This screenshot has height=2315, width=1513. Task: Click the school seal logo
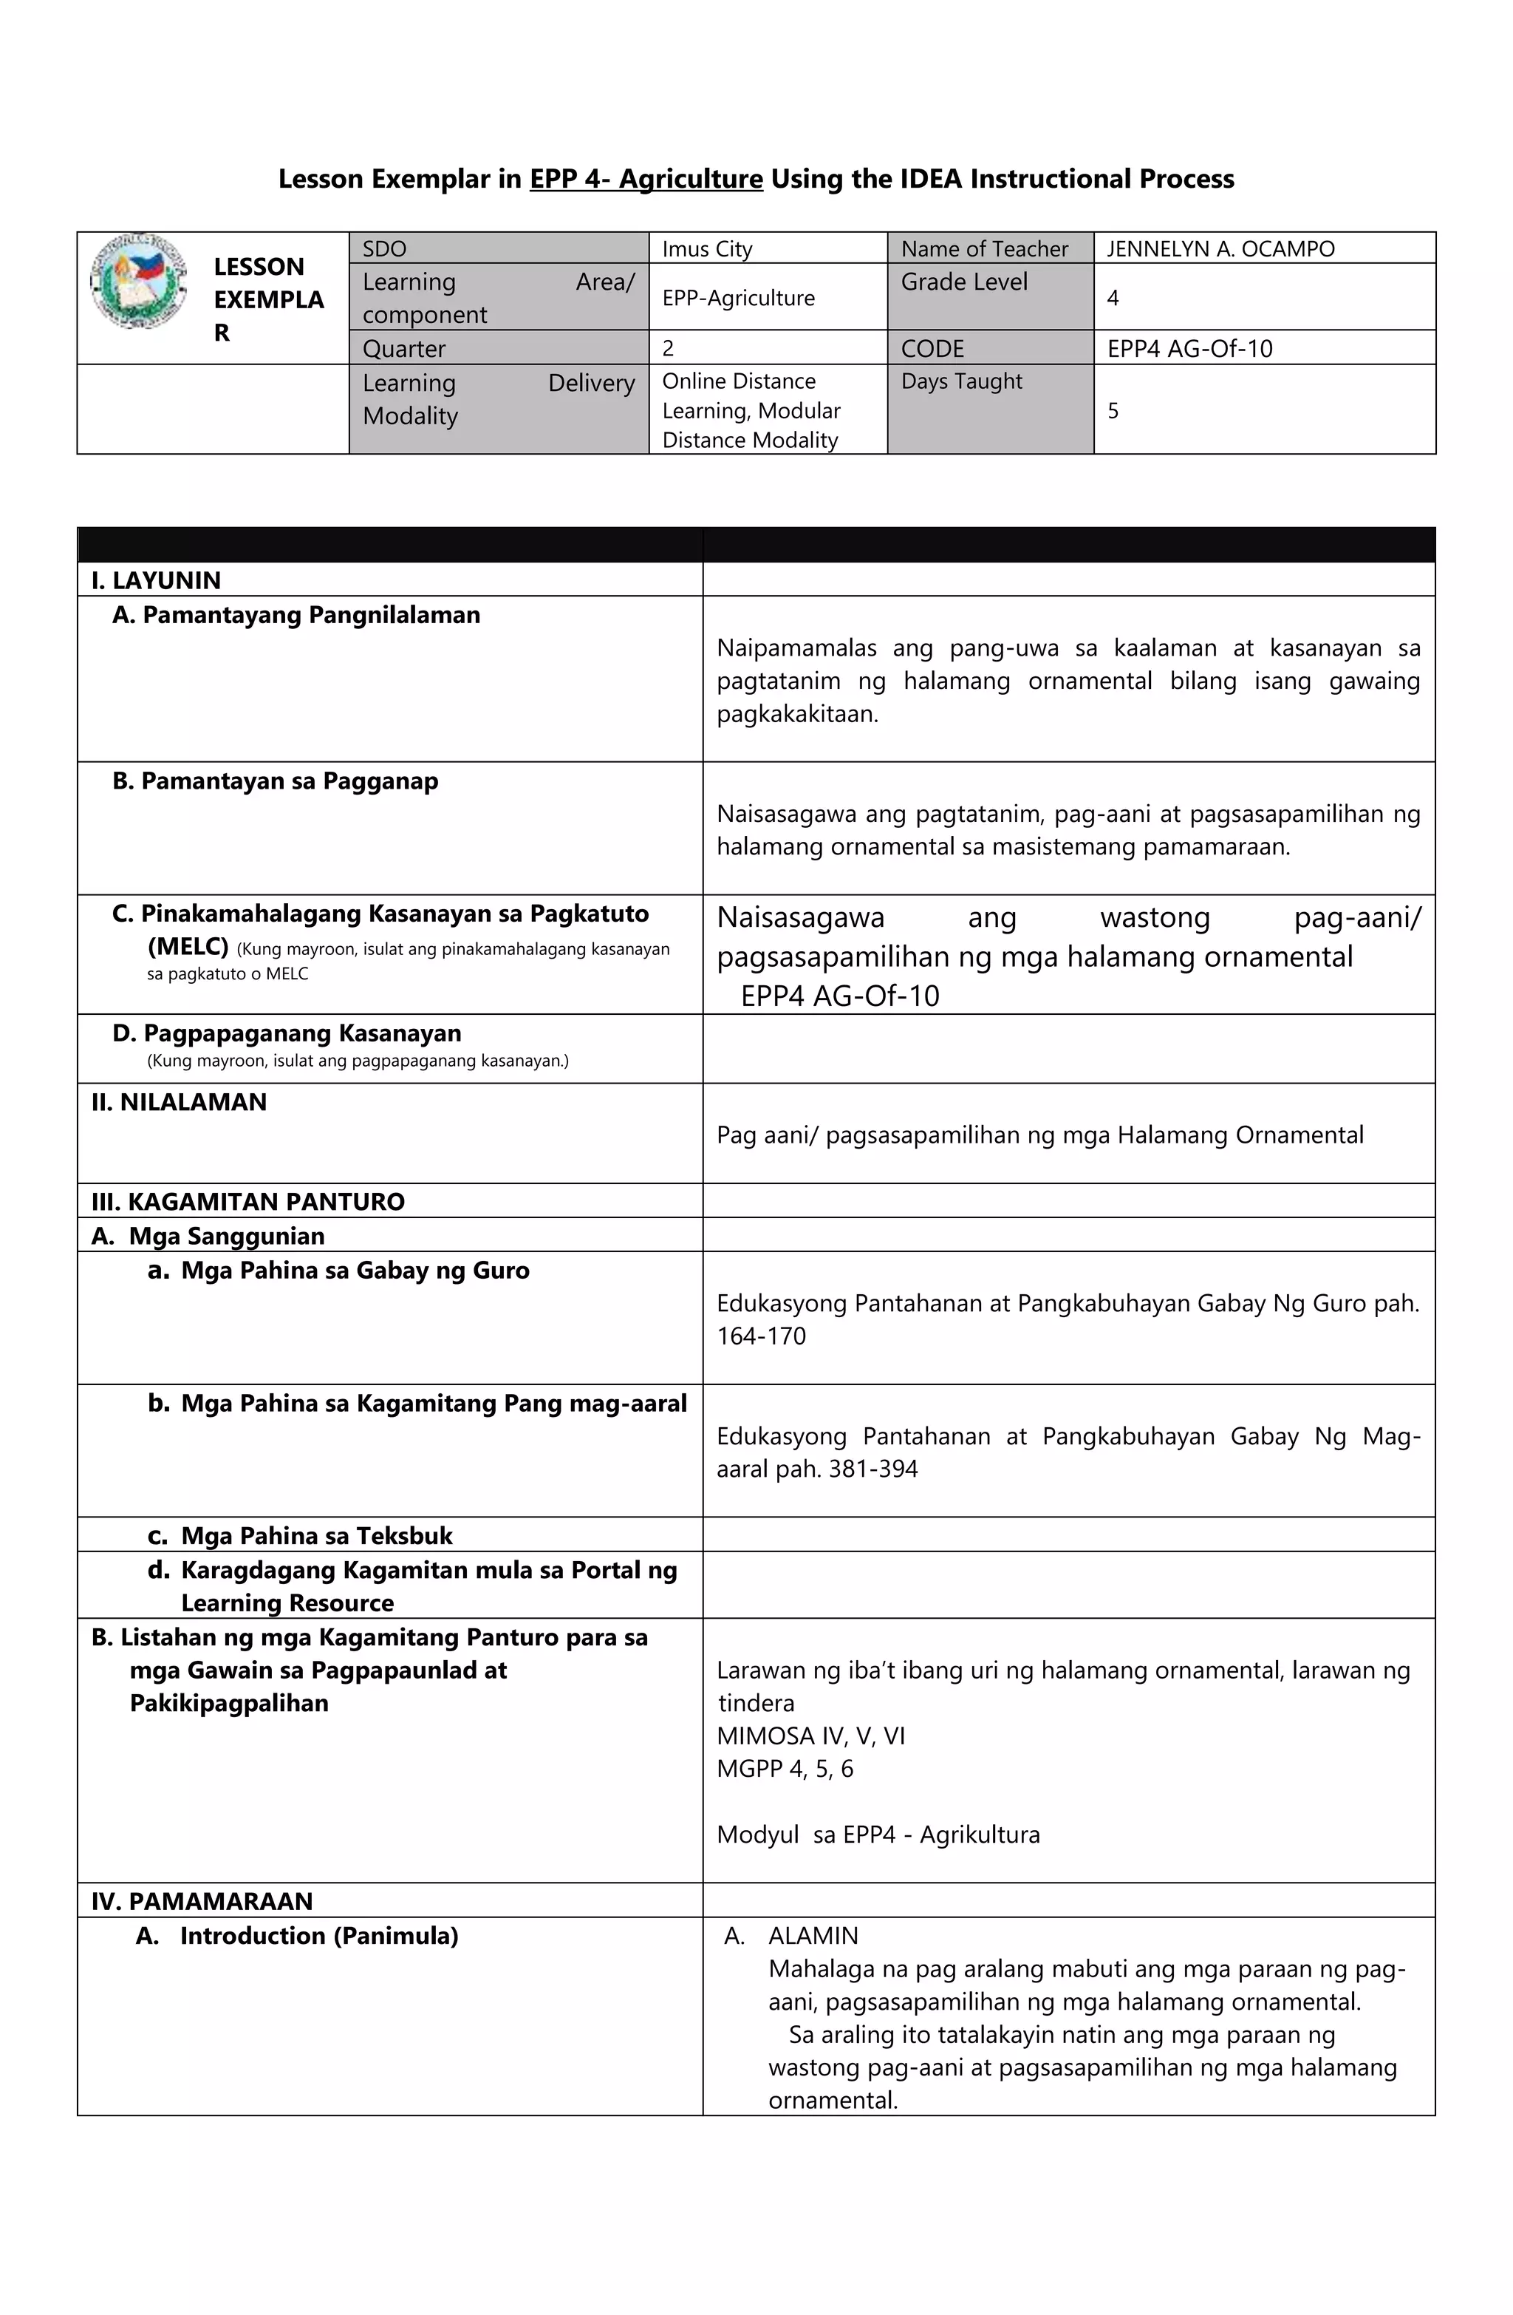click(x=139, y=281)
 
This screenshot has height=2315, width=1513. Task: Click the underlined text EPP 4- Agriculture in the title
click(x=646, y=179)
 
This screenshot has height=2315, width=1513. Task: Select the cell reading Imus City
click(x=707, y=249)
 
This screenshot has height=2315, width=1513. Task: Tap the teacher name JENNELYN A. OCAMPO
click(x=1220, y=249)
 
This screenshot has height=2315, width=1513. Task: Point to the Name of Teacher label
click(x=983, y=249)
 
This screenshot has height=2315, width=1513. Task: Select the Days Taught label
click(x=960, y=381)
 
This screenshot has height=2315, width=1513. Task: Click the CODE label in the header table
click(x=932, y=348)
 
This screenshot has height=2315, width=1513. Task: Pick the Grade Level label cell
click(x=963, y=282)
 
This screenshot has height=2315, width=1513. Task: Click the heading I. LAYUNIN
click(x=156, y=581)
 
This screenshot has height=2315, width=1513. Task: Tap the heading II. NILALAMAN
click(x=179, y=1102)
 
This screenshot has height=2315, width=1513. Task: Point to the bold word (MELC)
click(x=188, y=946)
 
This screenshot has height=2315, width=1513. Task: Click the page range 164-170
click(x=762, y=1336)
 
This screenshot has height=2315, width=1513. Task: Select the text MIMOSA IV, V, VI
click(x=810, y=1736)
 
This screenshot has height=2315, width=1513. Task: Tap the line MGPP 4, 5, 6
click(x=785, y=1770)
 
